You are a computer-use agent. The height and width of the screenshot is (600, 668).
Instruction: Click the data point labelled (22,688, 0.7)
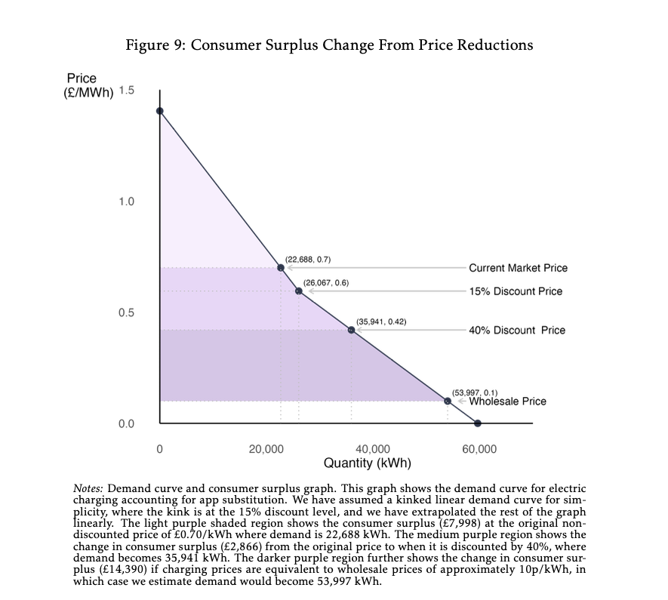point(281,267)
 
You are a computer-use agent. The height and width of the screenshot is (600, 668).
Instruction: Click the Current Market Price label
point(518,268)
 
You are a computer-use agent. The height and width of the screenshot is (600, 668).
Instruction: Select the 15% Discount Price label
point(515,291)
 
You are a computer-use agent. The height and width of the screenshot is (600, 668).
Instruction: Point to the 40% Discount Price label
point(516,330)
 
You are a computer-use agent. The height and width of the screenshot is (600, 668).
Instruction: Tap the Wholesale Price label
point(507,402)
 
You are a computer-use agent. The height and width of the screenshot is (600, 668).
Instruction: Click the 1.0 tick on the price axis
point(126,202)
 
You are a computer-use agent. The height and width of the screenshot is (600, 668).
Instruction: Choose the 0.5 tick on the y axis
point(126,312)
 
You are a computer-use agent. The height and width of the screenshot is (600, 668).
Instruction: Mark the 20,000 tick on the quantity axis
point(266,449)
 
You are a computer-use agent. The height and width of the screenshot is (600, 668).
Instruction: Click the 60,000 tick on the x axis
point(480,449)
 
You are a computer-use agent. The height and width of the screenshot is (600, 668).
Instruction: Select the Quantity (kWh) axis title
point(367,463)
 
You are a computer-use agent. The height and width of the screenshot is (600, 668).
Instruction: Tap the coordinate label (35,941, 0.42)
point(381,322)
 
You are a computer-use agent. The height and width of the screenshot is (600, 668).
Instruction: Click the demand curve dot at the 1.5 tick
point(159,111)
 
